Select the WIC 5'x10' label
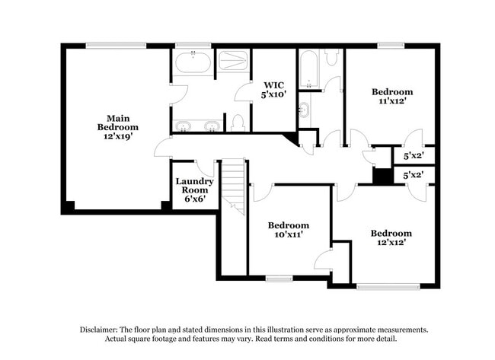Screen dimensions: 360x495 coord(273,90)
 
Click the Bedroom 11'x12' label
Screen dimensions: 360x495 coord(393,96)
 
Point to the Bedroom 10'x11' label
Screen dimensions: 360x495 coord(289,230)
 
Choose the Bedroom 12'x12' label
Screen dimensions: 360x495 coord(391,237)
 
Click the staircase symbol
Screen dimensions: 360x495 coord(233,185)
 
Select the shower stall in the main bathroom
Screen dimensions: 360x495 coord(232,61)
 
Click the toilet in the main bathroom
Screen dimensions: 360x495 coord(237,123)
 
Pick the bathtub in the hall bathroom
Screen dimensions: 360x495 coord(308,68)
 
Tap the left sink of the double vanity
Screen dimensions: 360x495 coord(184,125)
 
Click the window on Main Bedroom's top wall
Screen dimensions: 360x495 coord(116,46)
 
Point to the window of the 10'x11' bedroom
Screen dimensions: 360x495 coord(279,278)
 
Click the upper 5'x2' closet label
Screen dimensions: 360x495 coord(413,156)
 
